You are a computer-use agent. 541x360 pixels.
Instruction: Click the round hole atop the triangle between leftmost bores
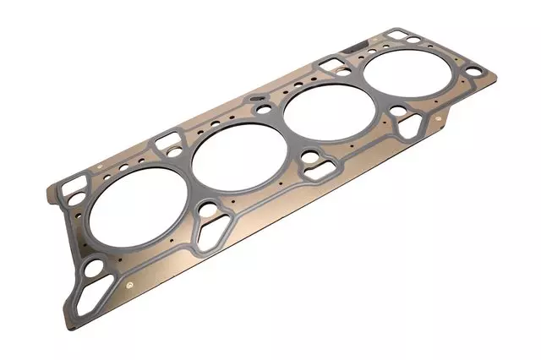click(209, 209)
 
